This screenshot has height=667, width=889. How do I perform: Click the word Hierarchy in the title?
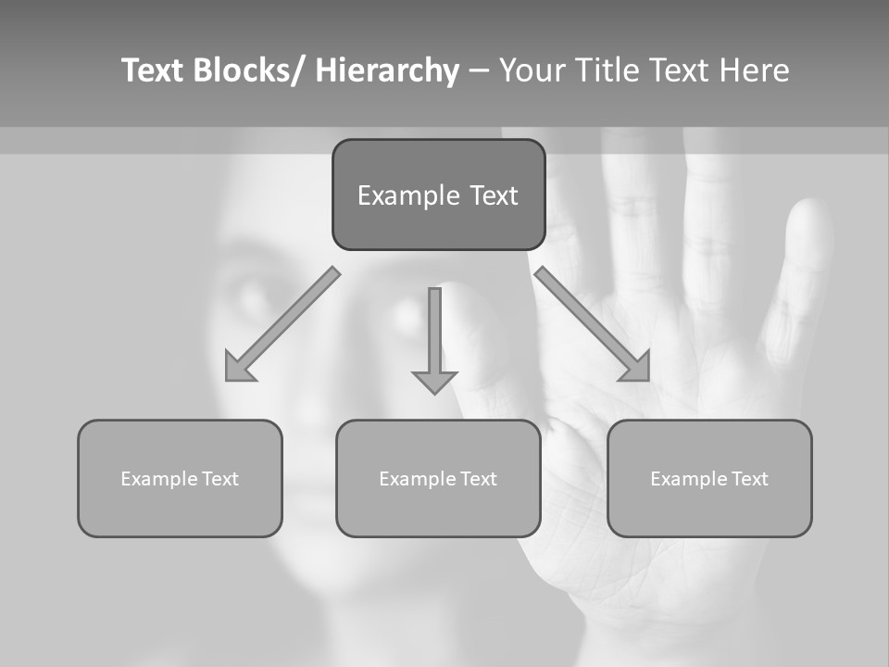coord(387,70)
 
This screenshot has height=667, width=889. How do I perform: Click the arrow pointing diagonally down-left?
coord(282,325)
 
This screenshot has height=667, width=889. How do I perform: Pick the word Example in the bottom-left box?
coord(157,479)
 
